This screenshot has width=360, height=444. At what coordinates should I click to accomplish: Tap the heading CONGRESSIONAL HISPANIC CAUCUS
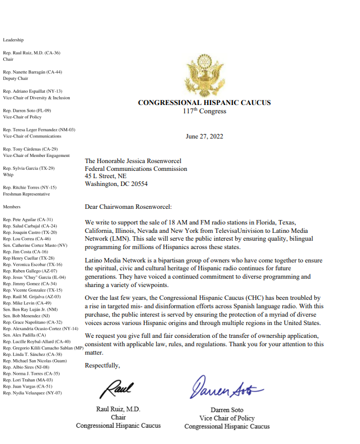click(x=204, y=103)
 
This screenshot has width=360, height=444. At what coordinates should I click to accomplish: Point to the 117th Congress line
click(x=204, y=111)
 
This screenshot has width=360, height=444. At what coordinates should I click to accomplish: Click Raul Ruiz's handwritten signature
click(x=118, y=388)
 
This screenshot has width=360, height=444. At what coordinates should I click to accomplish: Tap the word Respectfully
click(x=102, y=365)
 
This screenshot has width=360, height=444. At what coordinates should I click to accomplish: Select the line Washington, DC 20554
click(x=116, y=183)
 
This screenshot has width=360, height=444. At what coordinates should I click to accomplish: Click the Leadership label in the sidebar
click(x=13, y=40)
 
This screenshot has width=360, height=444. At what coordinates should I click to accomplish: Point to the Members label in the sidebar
click(x=12, y=206)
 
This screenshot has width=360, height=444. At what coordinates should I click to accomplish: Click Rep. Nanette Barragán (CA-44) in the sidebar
click(x=32, y=72)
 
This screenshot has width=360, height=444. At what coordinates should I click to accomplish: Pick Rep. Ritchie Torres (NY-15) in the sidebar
click(x=30, y=188)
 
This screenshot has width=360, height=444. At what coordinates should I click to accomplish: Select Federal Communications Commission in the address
click(x=136, y=169)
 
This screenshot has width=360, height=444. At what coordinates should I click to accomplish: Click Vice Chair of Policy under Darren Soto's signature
click(x=227, y=418)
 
